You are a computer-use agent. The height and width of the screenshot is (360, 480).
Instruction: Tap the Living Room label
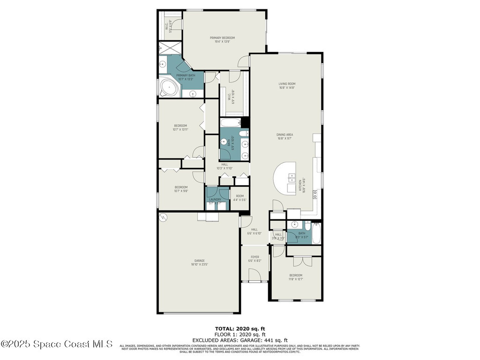(x=287, y=86)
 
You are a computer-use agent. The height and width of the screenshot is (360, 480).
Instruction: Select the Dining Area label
(x=285, y=136)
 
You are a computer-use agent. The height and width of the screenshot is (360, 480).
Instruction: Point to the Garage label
(x=200, y=262)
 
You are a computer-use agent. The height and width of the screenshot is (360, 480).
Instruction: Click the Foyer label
(x=255, y=259)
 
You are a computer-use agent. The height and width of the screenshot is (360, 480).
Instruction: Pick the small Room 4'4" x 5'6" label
(x=240, y=198)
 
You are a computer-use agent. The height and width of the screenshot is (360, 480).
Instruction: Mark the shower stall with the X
(x=166, y=48)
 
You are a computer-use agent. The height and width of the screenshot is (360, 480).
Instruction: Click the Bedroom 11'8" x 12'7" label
(x=295, y=277)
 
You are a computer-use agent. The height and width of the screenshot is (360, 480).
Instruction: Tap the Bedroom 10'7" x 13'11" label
(x=180, y=127)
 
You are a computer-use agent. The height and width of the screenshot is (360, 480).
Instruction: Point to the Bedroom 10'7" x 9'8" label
(x=180, y=189)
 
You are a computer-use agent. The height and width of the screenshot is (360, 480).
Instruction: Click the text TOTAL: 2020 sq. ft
(x=240, y=329)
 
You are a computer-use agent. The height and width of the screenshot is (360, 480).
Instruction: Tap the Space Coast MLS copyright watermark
(x=57, y=344)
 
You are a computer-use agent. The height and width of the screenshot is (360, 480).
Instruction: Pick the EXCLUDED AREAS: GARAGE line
(x=240, y=340)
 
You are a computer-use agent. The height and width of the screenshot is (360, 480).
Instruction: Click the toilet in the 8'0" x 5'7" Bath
(x=307, y=225)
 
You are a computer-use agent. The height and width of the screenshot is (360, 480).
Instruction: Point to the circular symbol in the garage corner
(x=163, y=217)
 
